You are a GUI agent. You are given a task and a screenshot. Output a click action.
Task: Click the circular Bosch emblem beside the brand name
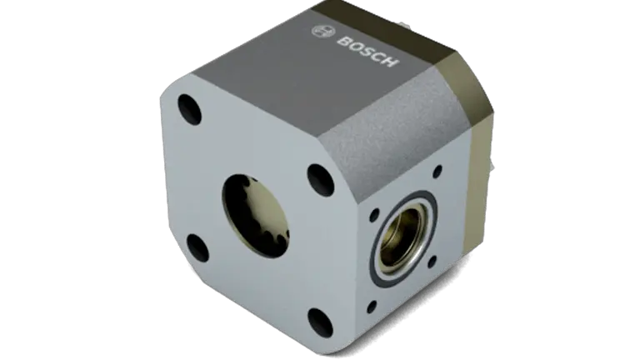(x=321, y=32)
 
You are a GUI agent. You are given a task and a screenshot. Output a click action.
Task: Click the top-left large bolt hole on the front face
(x=190, y=109)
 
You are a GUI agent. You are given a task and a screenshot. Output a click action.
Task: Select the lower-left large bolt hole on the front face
(x=198, y=248)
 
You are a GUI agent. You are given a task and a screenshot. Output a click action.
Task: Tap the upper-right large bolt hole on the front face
(x=320, y=180)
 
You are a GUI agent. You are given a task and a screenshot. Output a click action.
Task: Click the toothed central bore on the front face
(x=256, y=216)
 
